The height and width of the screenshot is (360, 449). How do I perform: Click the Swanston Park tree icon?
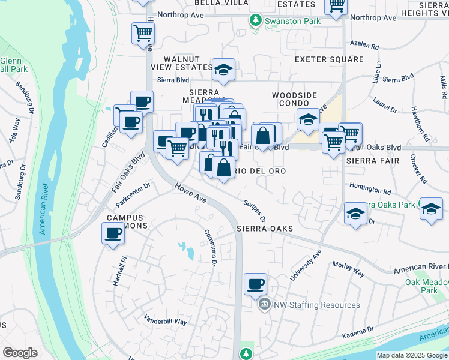pyautogui.click(x=256, y=21)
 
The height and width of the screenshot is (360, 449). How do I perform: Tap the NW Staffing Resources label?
pyautogui.click(x=316, y=305)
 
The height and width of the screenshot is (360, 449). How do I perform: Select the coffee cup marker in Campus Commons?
pyautogui.click(x=112, y=233)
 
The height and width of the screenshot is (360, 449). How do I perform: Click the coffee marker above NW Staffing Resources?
pyautogui.click(x=255, y=283)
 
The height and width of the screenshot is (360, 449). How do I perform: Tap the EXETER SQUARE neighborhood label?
pyautogui.click(x=329, y=59)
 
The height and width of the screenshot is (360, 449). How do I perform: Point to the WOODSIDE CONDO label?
pyautogui.click(x=294, y=100)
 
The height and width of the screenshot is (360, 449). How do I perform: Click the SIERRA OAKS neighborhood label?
pyautogui.click(x=264, y=229)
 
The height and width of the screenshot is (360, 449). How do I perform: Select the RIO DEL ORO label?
pyautogui.click(x=260, y=171)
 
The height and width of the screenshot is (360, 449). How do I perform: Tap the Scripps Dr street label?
pyautogui.click(x=255, y=210)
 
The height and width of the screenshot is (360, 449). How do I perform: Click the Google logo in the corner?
pyautogui.click(x=20, y=352)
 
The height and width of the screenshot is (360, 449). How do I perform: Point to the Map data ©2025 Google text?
pyautogui.click(x=411, y=355)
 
